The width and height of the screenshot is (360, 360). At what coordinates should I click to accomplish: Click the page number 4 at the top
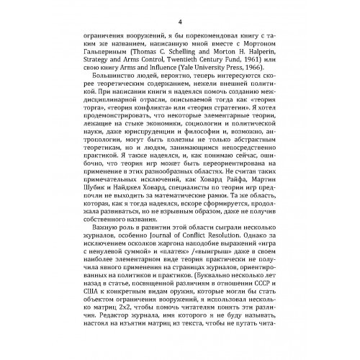(179, 12)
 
